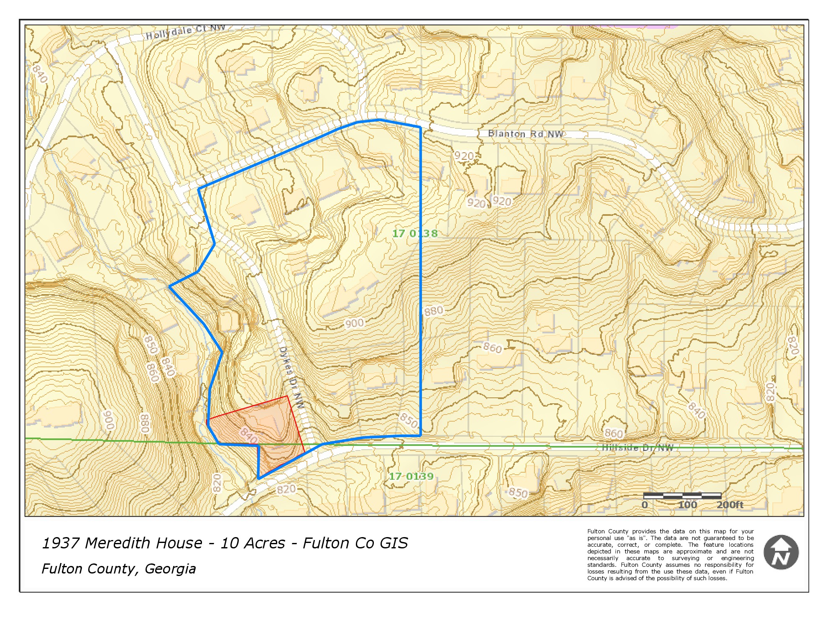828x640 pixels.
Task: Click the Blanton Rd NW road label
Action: [x=525, y=134]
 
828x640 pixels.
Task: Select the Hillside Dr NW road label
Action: [x=638, y=448]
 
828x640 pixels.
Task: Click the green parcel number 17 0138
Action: [x=414, y=233]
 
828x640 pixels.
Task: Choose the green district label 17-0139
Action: [x=411, y=476]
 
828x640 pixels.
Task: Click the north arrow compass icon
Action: [x=781, y=552]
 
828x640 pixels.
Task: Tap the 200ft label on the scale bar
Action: [x=730, y=505]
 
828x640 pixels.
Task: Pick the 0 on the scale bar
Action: [x=645, y=505]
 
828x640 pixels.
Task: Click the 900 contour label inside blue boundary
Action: [x=354, y=323]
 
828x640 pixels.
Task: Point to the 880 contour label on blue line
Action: [x=433, y=311]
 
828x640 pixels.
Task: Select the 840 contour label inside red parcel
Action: [x=248, y=435]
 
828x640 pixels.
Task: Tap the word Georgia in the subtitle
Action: [x=170, y=569]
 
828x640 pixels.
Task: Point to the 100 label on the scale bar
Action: [x=687, y=505]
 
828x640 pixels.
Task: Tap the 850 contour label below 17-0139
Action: [x=518, y=493]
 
